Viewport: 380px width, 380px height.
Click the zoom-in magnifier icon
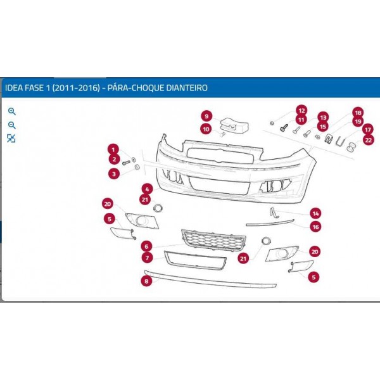pos(11,111)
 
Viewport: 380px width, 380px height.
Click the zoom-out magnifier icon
pos(11,125)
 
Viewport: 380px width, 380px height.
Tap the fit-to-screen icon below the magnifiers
pos(11,138)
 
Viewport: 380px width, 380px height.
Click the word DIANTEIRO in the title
pos(187,87)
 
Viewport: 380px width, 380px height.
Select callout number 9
pos(206,116)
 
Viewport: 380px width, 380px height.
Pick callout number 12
pos(301,111)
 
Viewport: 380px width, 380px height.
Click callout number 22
pos(369,140)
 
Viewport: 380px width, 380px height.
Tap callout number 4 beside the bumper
pos(147,189)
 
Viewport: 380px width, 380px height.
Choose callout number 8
pos(146,281)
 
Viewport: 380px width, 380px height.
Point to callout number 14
pos(315,213)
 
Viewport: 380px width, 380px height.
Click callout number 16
pos(315,227)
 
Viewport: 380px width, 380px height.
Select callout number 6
pos(146,246)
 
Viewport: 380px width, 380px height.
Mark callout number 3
pos(114,174)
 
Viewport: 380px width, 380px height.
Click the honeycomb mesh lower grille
pos(214,239)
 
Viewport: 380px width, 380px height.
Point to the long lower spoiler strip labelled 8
pos(210,279)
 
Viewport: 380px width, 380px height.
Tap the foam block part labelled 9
pos(234,125)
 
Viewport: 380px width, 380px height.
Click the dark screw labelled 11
pos(284,128)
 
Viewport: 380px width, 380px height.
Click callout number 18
pos(358,113)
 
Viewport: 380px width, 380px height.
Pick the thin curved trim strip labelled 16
pos(270,223)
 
